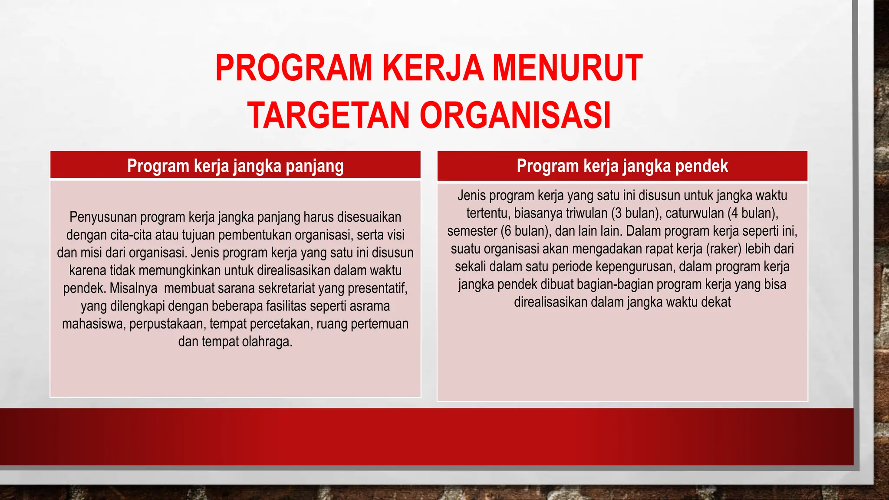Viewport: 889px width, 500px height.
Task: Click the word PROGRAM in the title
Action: click(294, 68)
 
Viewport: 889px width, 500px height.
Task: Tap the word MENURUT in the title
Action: click(567, 68)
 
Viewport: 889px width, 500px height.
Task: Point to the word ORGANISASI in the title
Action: click(515, 115)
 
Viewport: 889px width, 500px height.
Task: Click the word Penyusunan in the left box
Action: click(103, 217)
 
